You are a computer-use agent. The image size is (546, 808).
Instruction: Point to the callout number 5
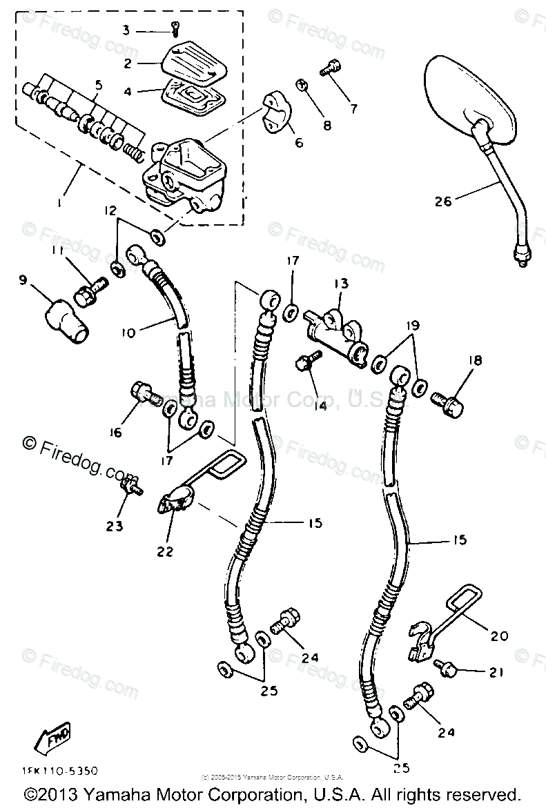(x=98, y=85)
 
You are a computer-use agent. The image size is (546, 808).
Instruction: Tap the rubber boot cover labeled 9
(x=301, y=86)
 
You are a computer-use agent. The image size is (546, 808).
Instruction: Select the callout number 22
(x=165, y=551)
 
